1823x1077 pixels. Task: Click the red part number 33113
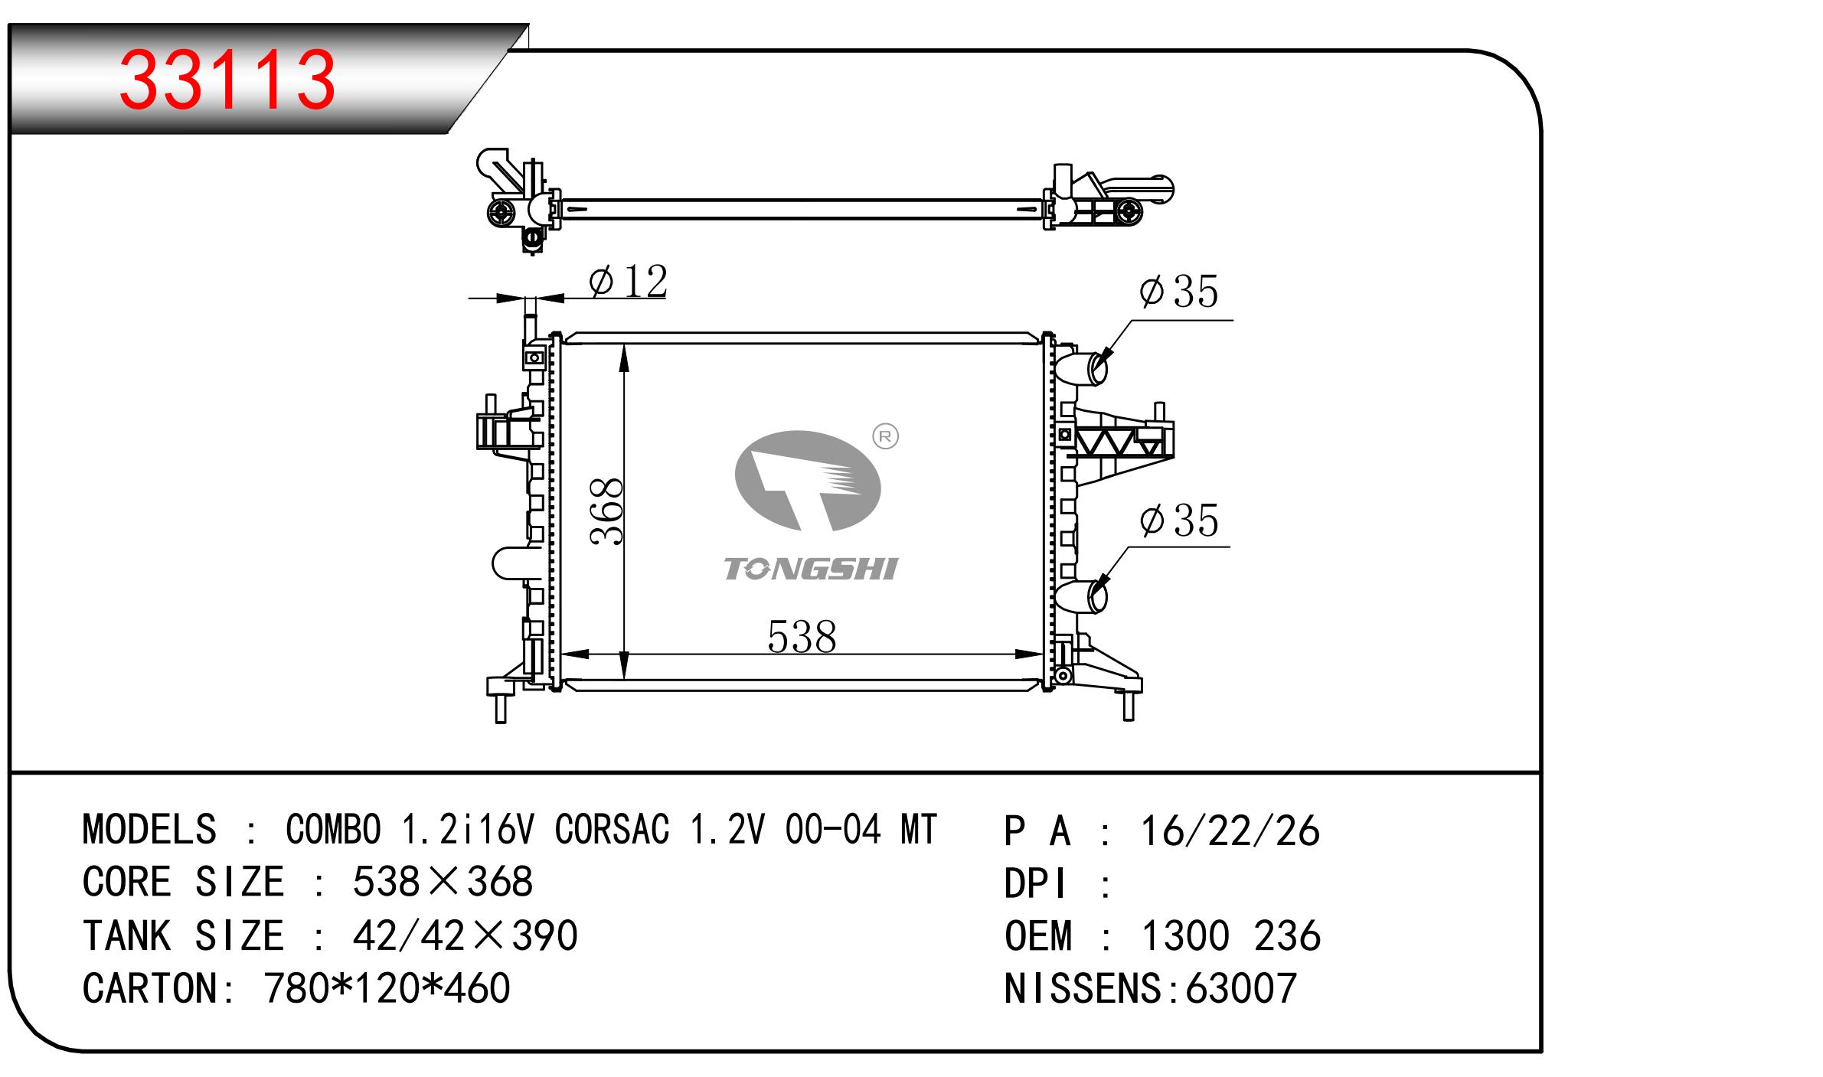tap(227, 79)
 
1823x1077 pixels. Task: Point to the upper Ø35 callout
tap(1178, 292)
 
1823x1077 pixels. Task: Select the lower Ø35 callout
tap(1178, 521)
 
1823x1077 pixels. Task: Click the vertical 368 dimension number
tap(608, 511)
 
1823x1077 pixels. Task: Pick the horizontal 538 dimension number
tap(802, 637)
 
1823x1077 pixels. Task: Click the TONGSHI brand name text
tap(811, 569)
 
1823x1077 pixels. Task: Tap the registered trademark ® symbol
tap(885, 436)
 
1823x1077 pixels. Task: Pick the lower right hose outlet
tap(1082, 598)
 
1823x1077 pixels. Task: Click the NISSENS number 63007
tap(1240, 987)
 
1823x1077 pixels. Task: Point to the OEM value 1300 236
tap(1231, 935)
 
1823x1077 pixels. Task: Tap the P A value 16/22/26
tap(1230, 831)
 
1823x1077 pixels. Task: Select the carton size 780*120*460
tap(387, 987)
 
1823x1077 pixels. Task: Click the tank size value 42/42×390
tap(465, 935)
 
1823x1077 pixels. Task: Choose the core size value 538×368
tap(443, 882)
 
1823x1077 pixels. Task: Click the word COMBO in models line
tap(333, 829)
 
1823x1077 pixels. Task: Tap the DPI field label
tap(1035, 884)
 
